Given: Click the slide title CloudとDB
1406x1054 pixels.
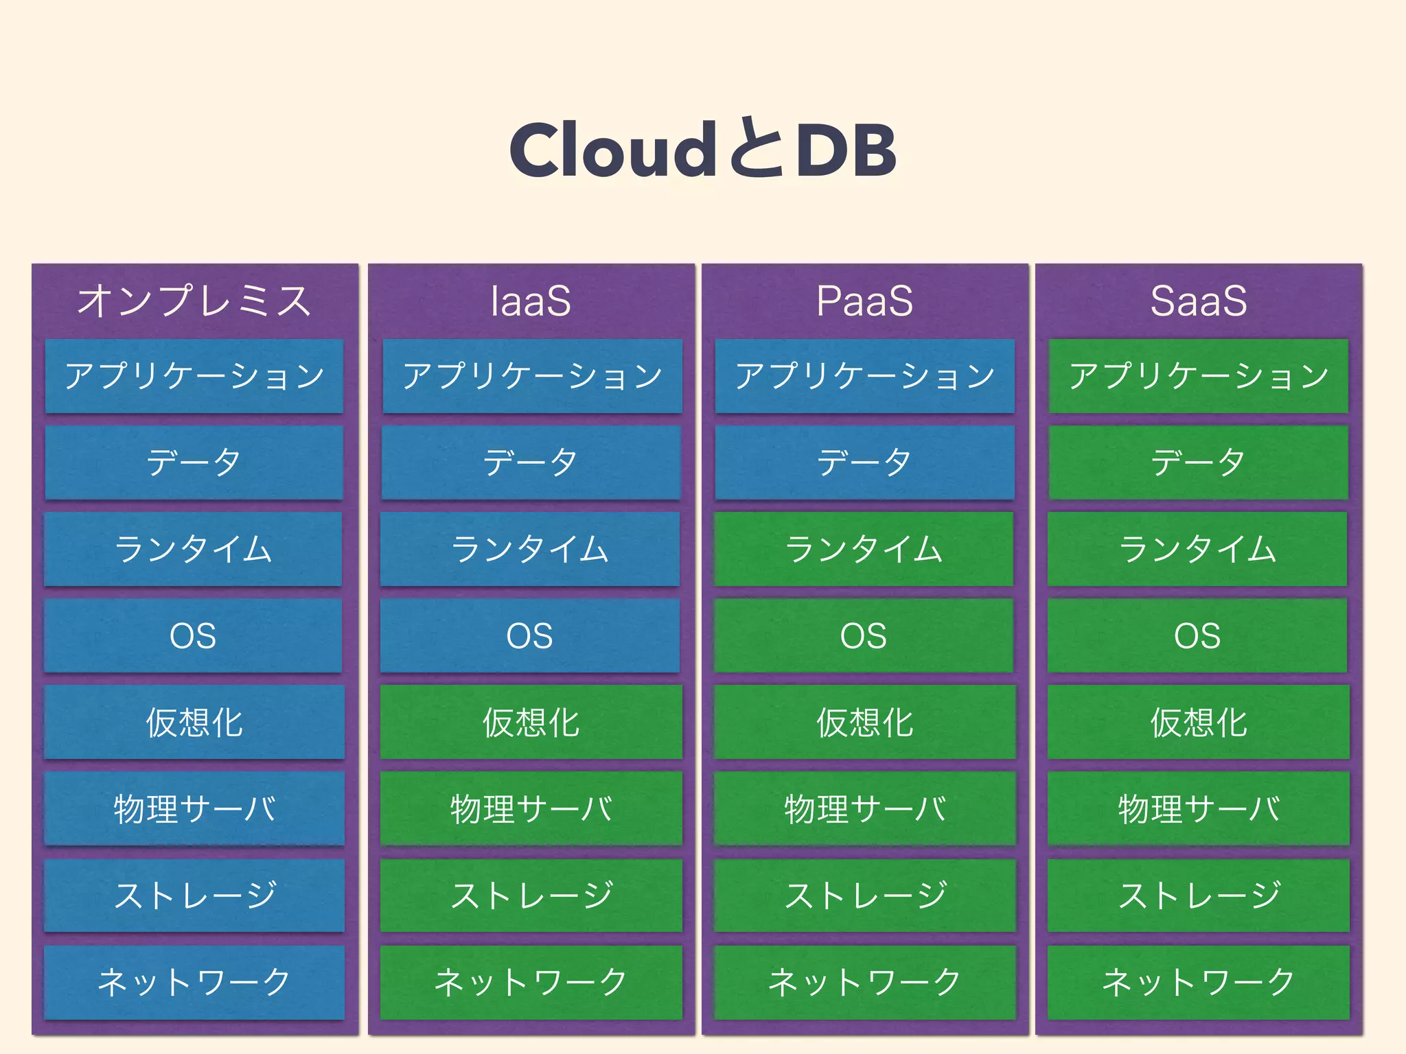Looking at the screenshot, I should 702,149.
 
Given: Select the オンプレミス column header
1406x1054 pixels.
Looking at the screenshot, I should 194,301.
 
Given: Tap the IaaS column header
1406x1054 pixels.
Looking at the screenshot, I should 531,301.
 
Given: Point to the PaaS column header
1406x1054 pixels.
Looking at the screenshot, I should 864,301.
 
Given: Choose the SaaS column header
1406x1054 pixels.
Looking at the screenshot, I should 1198,301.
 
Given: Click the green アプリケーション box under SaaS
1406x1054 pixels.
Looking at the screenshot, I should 1198,376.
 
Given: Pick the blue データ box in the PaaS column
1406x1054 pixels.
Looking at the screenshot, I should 864,462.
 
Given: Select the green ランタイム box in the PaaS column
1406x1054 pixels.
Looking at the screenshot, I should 864,549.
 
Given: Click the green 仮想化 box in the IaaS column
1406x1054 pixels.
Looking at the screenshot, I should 531,722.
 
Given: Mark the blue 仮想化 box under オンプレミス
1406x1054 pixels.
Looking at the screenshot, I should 194,722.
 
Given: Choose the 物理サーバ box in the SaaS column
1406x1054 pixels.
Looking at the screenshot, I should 1198,808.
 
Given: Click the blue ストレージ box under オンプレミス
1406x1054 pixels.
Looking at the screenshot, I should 194,895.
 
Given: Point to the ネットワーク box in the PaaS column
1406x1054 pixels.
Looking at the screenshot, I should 864,981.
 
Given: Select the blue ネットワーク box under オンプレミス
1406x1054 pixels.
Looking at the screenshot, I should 194,981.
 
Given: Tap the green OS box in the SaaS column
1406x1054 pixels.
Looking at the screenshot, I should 1198,635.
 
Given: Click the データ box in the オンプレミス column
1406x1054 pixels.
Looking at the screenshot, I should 194,462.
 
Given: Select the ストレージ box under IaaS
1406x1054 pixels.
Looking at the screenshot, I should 531,895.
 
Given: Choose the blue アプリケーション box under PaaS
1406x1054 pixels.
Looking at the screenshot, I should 864,376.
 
